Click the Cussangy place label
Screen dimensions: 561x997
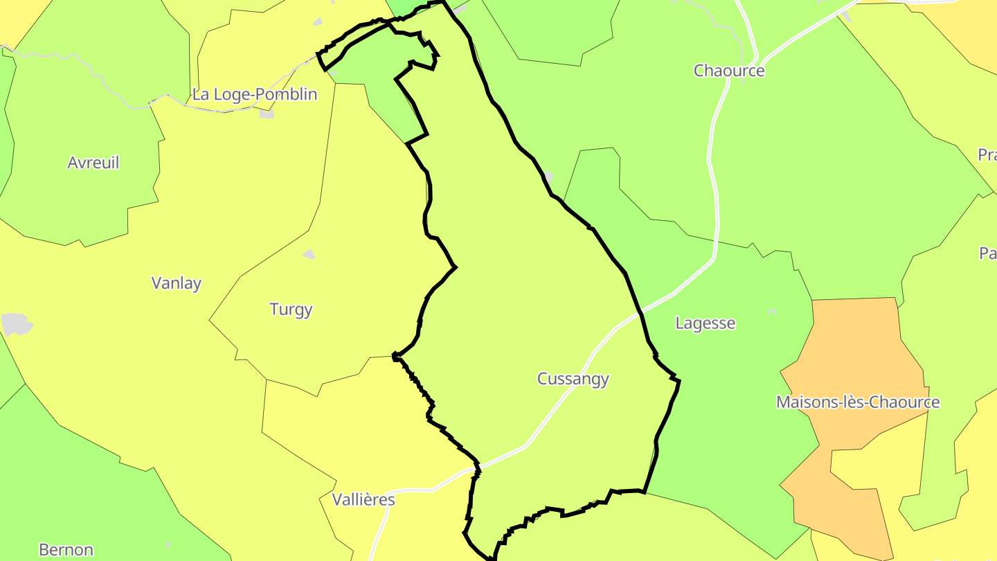573,379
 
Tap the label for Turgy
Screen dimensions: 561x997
291,310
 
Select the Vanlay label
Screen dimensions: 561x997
177,283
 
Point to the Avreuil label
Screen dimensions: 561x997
93,163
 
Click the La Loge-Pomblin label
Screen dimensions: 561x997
255,95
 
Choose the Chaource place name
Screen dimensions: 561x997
729,71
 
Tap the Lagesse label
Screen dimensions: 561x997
705,323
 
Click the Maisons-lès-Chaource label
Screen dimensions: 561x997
858,402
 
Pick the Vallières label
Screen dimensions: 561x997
363,499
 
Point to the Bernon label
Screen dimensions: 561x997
66,550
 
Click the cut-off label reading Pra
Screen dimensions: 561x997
987,155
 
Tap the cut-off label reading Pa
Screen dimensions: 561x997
988,253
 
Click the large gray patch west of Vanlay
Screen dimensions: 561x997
15,324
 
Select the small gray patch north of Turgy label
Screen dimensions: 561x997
309,254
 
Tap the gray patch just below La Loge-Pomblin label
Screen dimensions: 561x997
267,114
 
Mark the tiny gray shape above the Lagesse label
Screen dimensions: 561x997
772,312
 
